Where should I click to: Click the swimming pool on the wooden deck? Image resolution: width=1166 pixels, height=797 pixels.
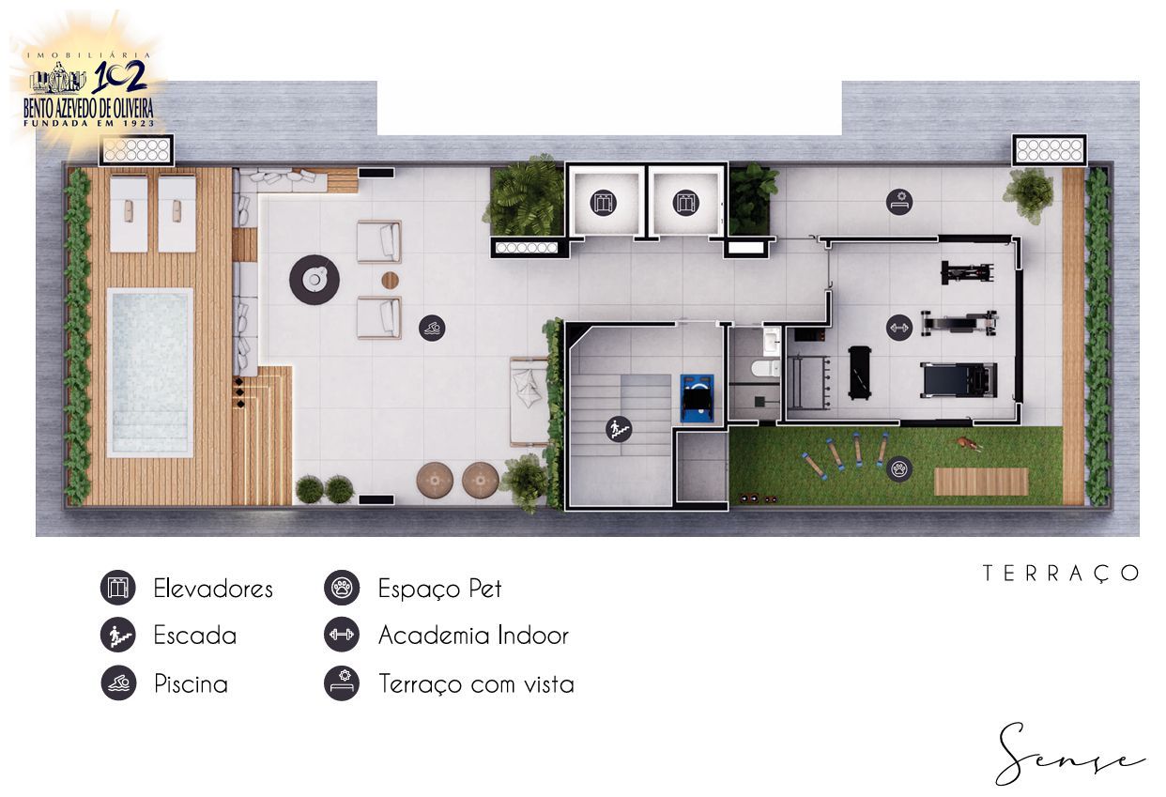tap(150, 373)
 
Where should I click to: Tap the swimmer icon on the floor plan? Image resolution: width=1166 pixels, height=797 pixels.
tap(432, 328)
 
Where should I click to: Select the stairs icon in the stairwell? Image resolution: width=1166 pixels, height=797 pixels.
tap(619, 429)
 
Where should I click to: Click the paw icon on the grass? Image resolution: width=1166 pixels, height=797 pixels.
tap(899, 468)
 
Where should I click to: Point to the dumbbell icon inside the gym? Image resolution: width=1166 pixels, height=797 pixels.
tap(899, 328)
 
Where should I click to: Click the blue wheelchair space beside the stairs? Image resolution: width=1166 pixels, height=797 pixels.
tap(697, 398)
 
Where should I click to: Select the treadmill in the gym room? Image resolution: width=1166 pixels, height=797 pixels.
tap(959, 380)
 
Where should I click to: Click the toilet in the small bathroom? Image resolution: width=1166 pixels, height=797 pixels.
tap(765, 369)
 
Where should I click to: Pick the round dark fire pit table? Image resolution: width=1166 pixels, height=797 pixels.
tap(315, 280)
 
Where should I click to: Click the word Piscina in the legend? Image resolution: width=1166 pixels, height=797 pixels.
tap(191, 684)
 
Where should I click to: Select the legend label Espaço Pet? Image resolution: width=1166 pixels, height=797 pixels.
tap(439, 589)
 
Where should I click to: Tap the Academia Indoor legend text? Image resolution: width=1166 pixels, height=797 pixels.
tap(473, 636)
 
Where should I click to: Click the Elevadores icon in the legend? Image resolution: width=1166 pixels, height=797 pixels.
tap(118, 588)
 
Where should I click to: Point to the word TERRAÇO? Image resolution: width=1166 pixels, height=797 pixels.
tap(1061, 574)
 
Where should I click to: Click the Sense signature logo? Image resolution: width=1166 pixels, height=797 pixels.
tap(1069, 756)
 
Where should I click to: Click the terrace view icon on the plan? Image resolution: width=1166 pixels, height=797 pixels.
tap(899, 202)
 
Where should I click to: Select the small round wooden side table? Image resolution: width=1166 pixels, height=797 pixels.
tap(390, 280)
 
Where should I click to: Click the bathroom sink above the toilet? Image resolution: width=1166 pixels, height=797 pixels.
tap(772, 341)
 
